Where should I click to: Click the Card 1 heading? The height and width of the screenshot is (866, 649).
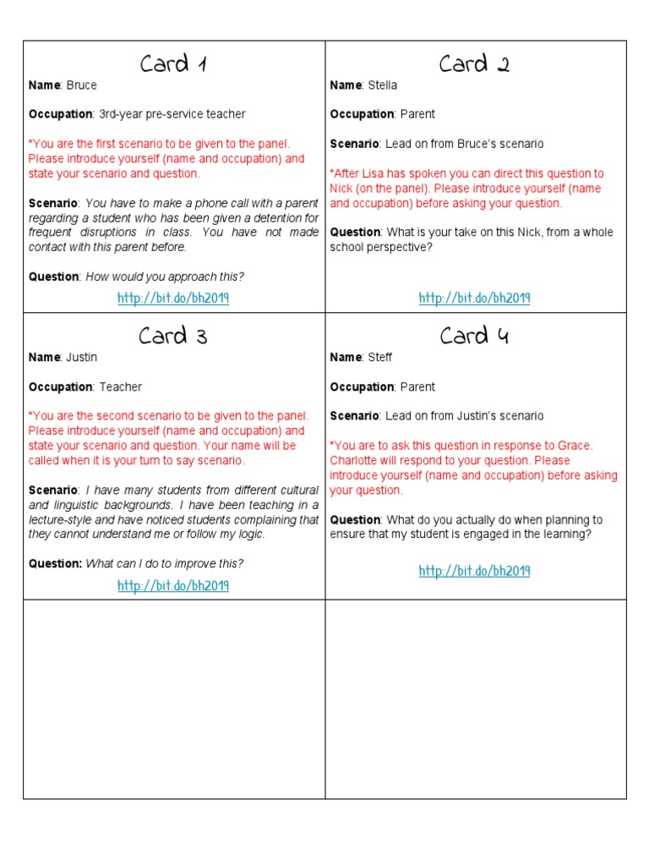point(173,64)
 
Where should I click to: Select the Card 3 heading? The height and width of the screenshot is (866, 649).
point(173,336)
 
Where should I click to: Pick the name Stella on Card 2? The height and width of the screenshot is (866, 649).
point(382,85)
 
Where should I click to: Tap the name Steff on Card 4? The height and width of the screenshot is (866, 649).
point(380,358)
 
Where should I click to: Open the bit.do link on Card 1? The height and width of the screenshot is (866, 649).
point(173,298)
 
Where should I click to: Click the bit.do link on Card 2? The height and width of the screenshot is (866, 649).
point(474,298)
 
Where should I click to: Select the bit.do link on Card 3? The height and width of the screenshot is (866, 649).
point(173,586)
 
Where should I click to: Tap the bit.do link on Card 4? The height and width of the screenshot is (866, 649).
point(474,571)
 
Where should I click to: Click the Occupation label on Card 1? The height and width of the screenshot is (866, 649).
point(61,114)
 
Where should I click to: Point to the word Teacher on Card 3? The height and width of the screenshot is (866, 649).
point(121,387)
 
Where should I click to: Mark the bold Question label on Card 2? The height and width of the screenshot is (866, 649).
point(355,233)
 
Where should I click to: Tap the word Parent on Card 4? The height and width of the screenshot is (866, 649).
point(418,387)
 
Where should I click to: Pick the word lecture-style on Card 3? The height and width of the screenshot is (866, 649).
point(63,520)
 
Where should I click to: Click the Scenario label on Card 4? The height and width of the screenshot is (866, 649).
point(354,416)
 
